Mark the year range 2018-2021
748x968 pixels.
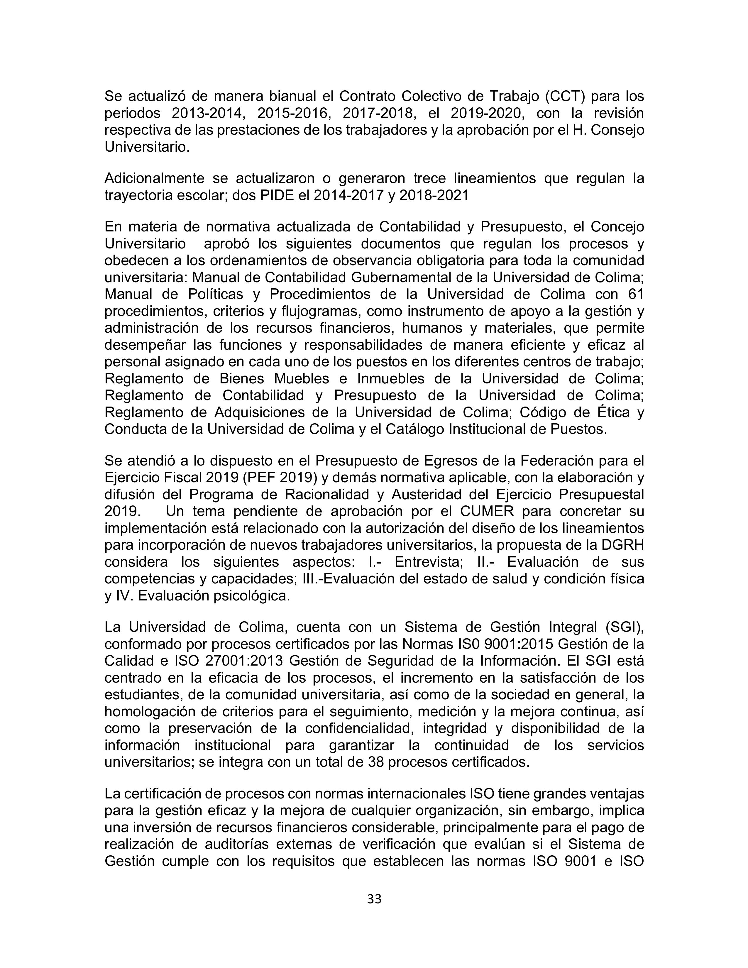tap(434, 195)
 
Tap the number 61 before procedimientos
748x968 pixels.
tap(635, 294)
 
